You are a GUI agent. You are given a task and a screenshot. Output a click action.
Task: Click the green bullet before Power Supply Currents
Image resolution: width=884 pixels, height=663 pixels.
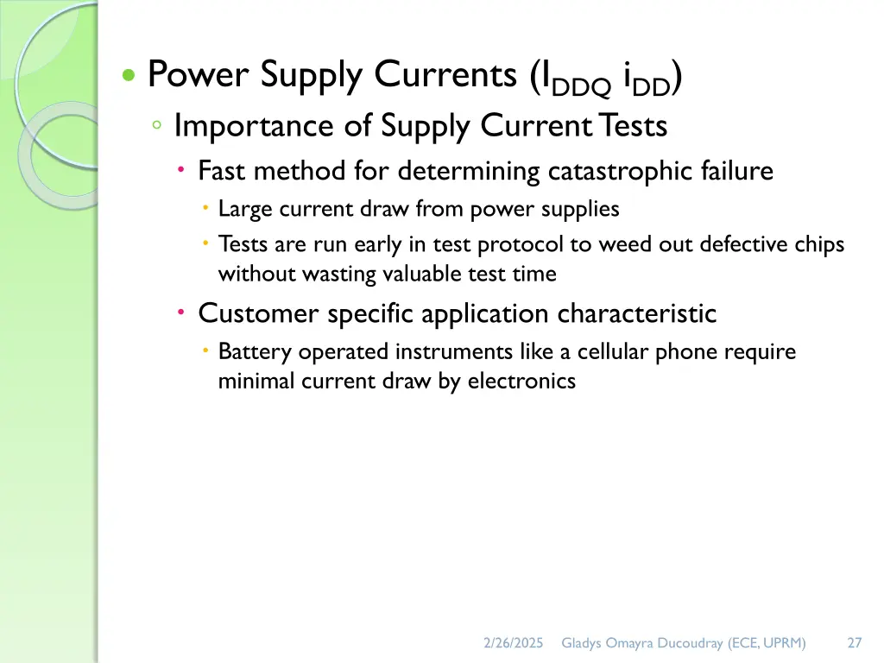(129, 76)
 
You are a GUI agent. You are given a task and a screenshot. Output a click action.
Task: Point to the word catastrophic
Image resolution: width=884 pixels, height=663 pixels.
(608, 171)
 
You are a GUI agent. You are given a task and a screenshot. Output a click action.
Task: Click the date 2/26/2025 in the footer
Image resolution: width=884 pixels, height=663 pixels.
(513, 642)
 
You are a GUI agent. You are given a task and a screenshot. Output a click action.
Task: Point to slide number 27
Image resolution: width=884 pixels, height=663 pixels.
(855, 642)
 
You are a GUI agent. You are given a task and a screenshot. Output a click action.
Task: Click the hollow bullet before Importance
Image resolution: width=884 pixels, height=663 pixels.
(156, 126)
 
